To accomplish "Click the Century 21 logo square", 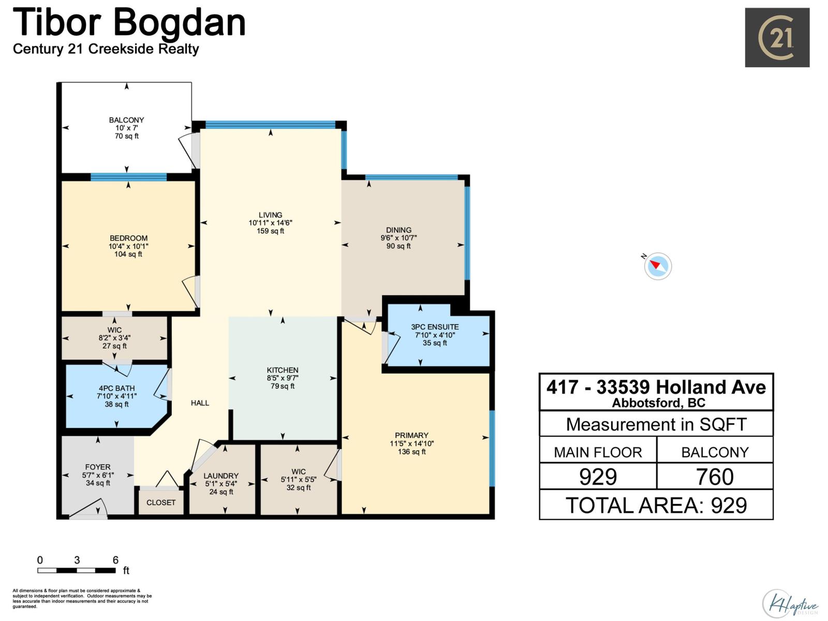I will tap(777, 37).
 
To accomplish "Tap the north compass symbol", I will tap(658, 266).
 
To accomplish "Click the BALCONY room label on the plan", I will tap(126, 120).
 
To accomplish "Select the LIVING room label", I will tap(270, 215).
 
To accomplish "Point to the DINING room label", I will tap(398, 230).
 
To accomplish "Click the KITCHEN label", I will tap(283, 370).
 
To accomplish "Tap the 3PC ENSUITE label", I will tap(435, 327).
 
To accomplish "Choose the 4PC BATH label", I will tap(117, 388).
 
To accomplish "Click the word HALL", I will tap(200, 403).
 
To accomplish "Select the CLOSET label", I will tap(161, 502).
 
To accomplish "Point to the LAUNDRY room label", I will tap(221, 476).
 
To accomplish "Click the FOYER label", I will tap(98, 467).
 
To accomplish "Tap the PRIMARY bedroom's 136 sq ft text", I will tap(412, 452).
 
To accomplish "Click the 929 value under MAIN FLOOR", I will tap(598, 477).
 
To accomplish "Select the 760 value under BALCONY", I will tap(715, 477).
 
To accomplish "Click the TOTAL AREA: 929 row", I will tap(656, 506).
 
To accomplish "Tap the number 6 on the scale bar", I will tap(115, 560).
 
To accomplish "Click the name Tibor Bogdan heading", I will tap(129, 23).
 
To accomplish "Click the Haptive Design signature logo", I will tap(790, 603).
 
